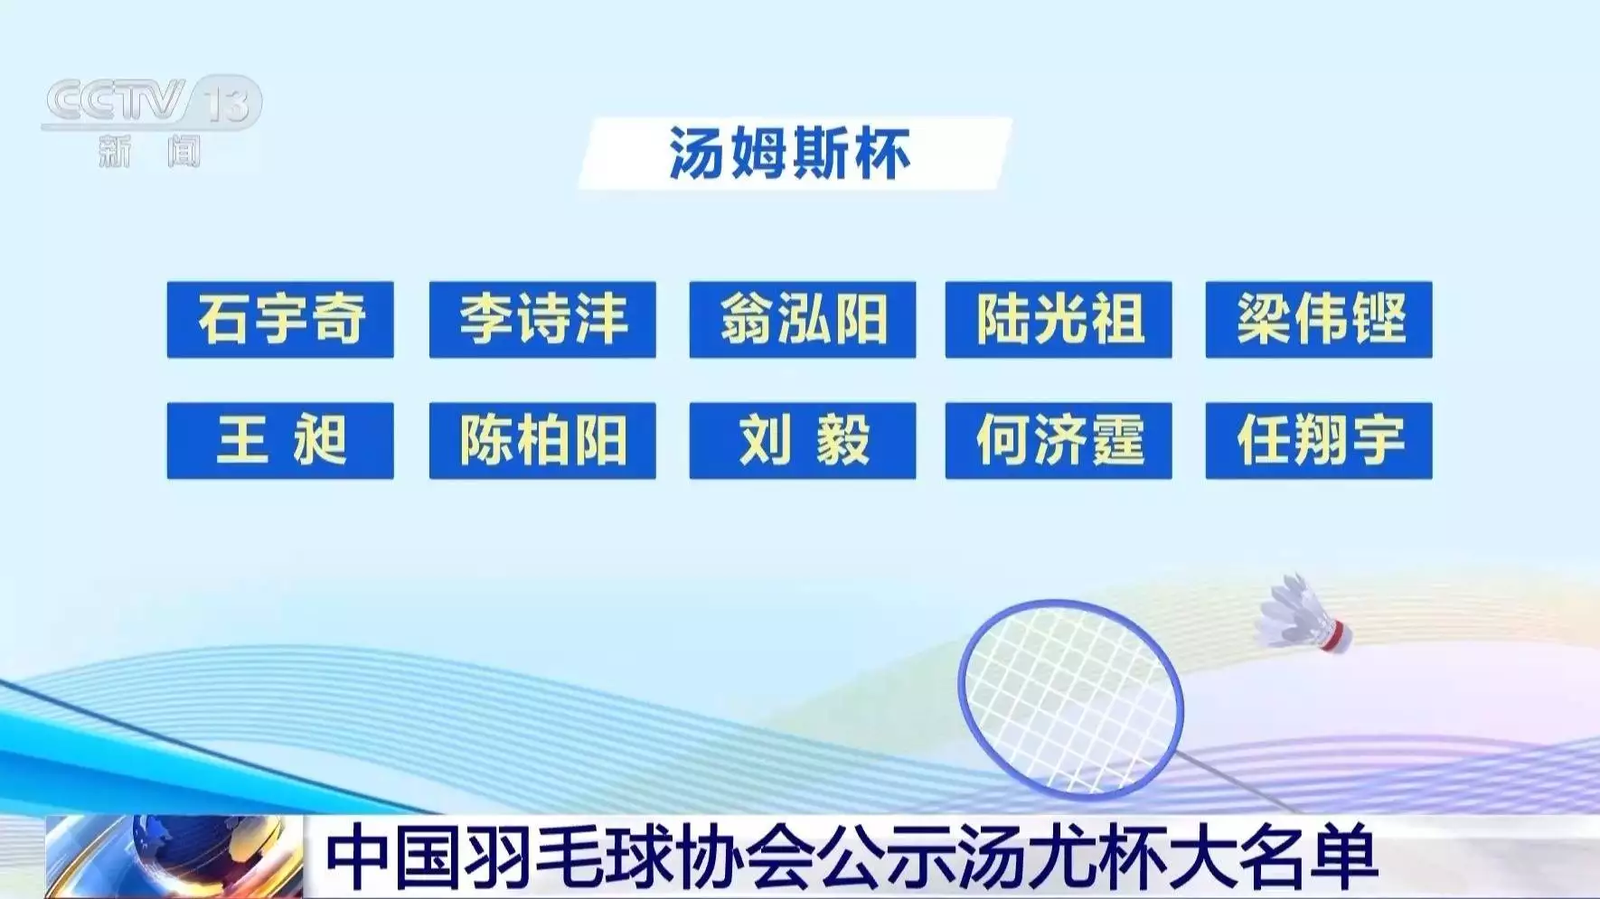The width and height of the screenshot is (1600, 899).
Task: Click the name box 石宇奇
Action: [x=280, y=319]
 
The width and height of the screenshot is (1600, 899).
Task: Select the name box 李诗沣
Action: [x=542, y=319]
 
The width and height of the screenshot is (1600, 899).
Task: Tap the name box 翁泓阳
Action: [x=803, y=319]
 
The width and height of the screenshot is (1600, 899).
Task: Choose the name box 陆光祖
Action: [x=1059, y=319]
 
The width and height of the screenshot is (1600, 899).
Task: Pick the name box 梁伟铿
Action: [x=1319, y=319]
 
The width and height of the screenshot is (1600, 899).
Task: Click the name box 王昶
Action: [x=280, y=440]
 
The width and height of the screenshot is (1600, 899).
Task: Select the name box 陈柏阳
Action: [x=542, y=440]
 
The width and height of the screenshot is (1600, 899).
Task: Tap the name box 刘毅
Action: [x=803, y=440]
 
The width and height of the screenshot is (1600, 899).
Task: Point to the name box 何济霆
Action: [x=1059, y=440]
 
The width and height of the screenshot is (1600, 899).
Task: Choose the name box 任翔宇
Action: [x=1319, y=440]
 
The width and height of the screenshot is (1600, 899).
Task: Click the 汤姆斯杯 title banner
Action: [x=794, y=154]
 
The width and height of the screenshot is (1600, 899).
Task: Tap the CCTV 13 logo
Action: [x=152, y=102]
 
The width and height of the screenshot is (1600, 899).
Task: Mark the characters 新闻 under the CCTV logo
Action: [x=150, y=151]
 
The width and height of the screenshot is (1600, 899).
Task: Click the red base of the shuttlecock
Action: [x=1337, y=635]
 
